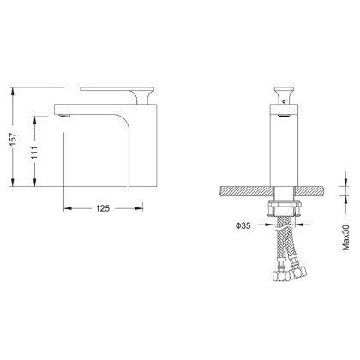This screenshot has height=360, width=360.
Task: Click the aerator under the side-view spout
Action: [61, 111]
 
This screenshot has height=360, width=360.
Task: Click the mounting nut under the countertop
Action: [284, 210]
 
